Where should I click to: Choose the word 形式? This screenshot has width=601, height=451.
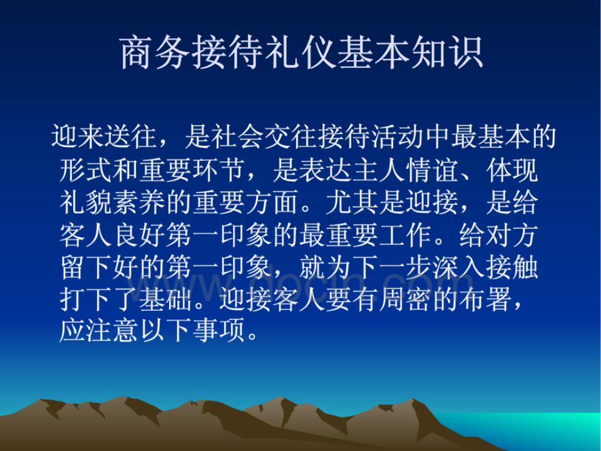pos(86,169)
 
